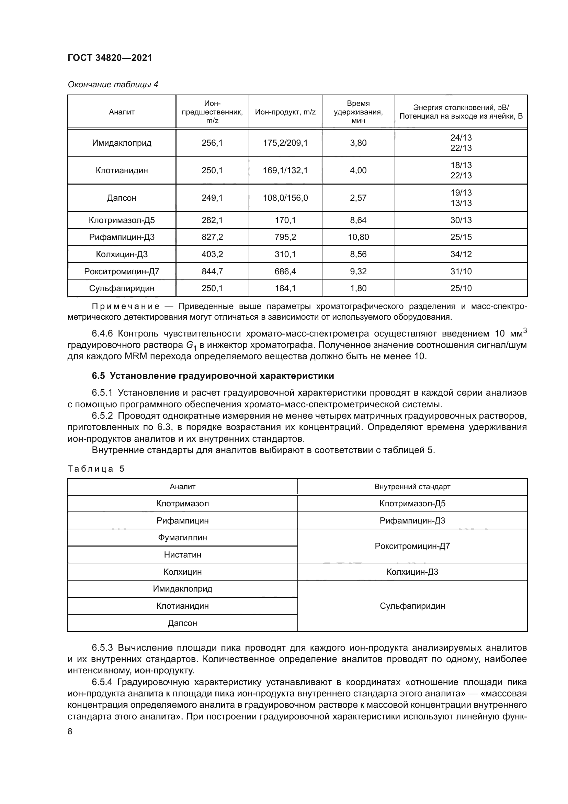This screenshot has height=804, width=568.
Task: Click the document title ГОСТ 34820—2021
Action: [110, 58]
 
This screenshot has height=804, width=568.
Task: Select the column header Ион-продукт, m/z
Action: [285, 112]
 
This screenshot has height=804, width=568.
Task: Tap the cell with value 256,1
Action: [212, 143]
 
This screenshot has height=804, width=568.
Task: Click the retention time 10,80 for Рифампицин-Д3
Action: [358, 237]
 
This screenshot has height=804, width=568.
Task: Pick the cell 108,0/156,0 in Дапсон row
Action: [285, 198]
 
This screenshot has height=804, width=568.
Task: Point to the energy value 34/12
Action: [461, 254]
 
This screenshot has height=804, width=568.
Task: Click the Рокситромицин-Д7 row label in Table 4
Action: [122, 272]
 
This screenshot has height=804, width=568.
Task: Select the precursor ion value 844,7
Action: [212, 272]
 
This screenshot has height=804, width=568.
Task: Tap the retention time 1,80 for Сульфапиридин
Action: [358, 288]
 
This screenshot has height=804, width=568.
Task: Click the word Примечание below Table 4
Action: [126, 306]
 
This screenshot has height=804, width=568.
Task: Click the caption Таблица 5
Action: [96, 469]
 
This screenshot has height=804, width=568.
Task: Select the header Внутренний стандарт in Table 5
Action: [412, 486]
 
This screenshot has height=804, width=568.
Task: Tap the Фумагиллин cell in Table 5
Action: [182, 538]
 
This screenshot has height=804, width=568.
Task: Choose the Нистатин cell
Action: [182, 555]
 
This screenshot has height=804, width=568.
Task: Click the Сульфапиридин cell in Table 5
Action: [412, 606]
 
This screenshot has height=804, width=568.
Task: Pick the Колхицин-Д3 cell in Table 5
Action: [412, 572]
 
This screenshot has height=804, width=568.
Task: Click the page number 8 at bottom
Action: [70, 731]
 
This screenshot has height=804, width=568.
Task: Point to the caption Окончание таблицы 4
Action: [113, 85]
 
